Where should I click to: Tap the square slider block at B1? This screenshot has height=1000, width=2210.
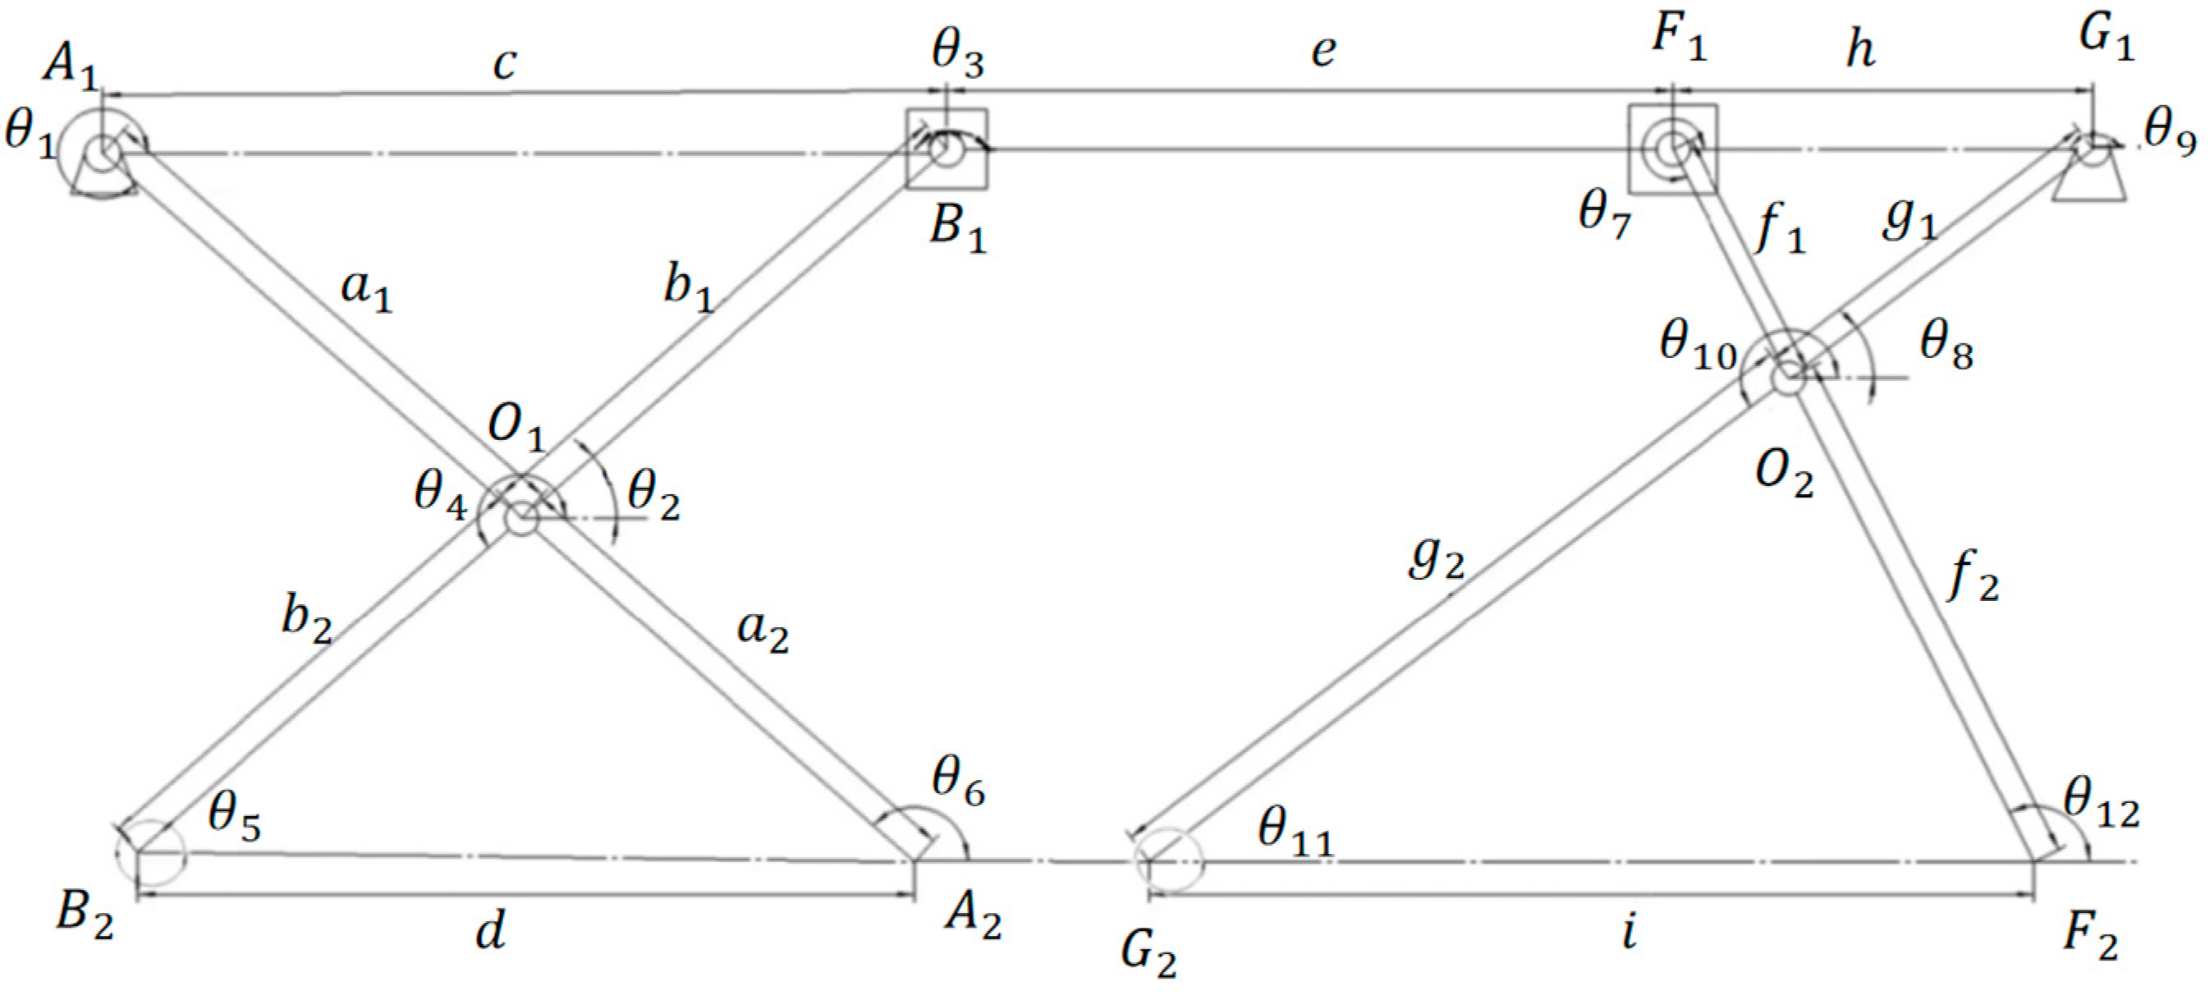pos(947,149)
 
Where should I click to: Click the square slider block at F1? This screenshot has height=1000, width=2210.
pos(1673,149)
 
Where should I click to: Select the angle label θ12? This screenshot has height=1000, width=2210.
pos(2101,806)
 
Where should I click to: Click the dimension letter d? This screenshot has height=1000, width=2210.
pos(491,929)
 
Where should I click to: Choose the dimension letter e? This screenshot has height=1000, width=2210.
pos(1323,52)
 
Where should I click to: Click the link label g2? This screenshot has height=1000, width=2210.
pos(1435,562)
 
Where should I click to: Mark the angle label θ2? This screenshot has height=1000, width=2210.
pos(653,498)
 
